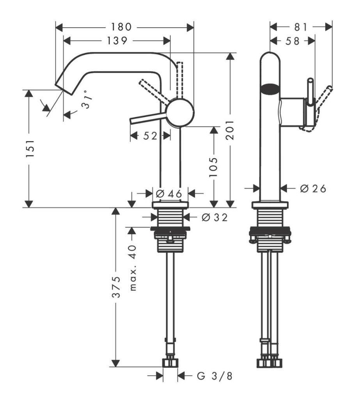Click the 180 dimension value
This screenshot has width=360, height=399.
(x=121, y=27)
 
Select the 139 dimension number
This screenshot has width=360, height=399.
(x=117, y=41)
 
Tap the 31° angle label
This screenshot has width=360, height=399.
(x=86, y=99)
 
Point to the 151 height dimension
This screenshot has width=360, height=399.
(x=30, y=148)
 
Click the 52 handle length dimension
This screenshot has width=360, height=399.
(x=150, y=136)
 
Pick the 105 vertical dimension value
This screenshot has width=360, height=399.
(x=213, y=167)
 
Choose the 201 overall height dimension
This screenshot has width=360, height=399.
(x=230, y=130)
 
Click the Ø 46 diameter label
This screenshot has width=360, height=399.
(x=169, y=194)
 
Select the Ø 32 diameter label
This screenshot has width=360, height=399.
(x=215, y=217)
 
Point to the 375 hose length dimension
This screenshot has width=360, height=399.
(x=116, y=287)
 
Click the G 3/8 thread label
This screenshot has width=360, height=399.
(x=215, y=376)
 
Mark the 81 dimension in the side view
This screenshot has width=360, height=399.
(x=301, y=27)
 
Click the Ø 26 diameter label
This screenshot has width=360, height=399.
(x=313, y=189)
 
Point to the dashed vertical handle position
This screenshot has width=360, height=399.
(x=180, y=79)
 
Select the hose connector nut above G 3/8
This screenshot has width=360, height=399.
(x=170, y=363)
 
